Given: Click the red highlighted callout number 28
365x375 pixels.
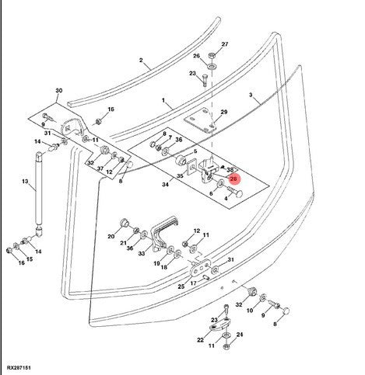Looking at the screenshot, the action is [233, 179].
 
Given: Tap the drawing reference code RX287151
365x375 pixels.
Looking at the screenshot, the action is [19, 368].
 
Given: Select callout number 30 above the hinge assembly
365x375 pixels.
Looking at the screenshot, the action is [59, 91].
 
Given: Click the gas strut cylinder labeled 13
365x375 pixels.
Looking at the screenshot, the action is [39, 189].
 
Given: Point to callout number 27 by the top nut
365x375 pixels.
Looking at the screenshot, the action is [225, 44].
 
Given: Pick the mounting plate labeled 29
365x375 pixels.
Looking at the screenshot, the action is [200, 120].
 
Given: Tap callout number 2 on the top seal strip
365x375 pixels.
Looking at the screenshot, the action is [141, 61].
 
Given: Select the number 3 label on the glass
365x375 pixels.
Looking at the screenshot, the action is [251, 95].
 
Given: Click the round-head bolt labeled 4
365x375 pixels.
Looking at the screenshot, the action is [236, 192].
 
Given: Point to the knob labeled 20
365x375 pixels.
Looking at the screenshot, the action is [125, 223].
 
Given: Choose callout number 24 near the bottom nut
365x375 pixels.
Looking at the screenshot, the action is [240, 335].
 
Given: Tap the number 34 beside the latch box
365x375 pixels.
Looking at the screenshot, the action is [165, 185].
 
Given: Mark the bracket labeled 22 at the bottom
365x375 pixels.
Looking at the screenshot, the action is [219, 325].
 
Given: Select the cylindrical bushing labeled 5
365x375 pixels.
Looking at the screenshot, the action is [181, 160].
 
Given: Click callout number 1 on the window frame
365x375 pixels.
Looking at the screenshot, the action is [163, 100].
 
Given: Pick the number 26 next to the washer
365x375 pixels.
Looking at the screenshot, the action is [196, 56].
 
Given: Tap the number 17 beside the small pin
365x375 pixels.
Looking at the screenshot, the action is [193, 283].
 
